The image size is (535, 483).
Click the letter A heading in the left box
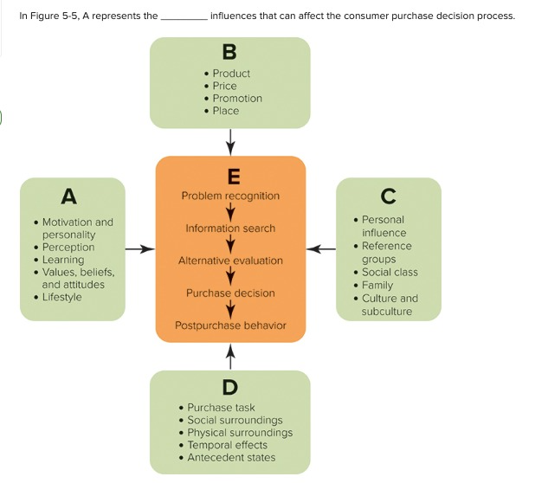[x=68, y=196]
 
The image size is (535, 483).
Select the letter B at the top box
[x=229, y=53]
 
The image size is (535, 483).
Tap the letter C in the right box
[x=389, y=196]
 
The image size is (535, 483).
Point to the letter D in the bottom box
[x=230, y=386]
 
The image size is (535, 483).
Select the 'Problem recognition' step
[x=230, y=196]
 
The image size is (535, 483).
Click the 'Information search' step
[x=230, y=229]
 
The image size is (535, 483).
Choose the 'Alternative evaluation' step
[x=230, y=261]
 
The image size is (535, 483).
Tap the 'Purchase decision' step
[x=230, y=293]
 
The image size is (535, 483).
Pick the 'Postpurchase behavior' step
[x=230, y=325]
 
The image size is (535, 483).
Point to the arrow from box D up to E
[x=230, y=355]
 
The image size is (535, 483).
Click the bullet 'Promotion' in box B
[x=237, y=99]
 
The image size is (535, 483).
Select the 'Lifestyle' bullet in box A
[x=61, y=298]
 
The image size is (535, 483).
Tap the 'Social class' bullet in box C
[x=389, y=272]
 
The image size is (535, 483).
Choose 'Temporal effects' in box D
[x=228, y=445]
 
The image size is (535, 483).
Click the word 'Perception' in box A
[x=68, y=248]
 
